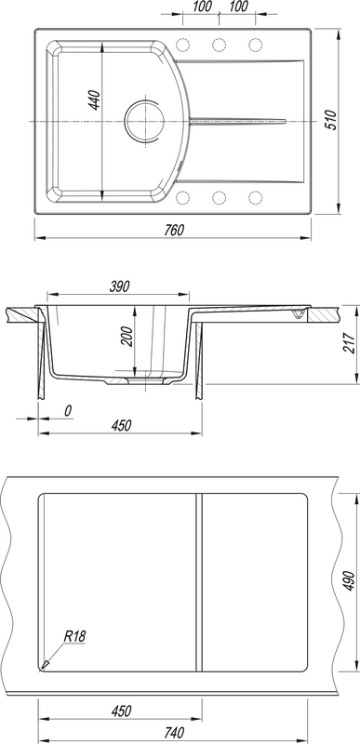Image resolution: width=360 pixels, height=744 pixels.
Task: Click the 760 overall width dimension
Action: click(174, 230)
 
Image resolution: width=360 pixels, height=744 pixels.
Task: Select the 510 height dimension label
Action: click(331, 120)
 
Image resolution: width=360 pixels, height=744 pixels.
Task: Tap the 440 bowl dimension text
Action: click(95, 100)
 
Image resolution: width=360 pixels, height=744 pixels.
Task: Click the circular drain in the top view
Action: click(145, 120)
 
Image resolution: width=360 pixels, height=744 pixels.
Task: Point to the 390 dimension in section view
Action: click(119, 286)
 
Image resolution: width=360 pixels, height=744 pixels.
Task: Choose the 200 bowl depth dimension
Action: click(128, 337)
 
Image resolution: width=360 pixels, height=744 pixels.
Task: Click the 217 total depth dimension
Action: click(349, 343)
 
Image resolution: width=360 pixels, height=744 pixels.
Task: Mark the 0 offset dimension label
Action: click(68, 411)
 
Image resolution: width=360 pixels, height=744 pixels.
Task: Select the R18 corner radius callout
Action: click(74, 636)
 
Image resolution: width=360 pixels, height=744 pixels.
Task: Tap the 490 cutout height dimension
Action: click(349, 580)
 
